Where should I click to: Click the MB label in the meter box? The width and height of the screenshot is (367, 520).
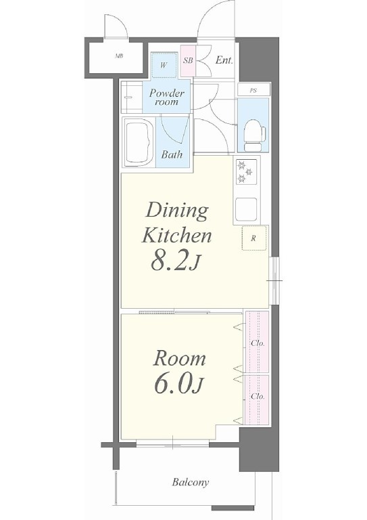pos(119,56)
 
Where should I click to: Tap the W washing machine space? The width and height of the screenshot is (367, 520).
pos(164,65)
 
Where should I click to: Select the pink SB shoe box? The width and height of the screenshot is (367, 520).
pos(189,61)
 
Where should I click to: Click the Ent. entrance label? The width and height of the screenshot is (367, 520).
pos(224,60)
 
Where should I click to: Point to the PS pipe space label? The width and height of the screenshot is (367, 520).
pos(253,90)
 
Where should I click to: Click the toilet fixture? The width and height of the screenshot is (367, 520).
pos(255,135)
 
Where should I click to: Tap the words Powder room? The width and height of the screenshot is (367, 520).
pos(166,97)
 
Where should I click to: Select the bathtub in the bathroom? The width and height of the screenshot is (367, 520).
pos(139,143)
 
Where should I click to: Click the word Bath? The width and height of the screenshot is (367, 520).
pos(172,154)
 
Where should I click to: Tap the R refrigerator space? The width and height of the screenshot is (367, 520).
pos(254,238)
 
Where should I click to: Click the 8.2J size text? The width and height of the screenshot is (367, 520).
pos(176,261)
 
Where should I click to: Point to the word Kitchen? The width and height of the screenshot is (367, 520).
pos(176,236)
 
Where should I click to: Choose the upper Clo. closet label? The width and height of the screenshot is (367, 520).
pos(258,343)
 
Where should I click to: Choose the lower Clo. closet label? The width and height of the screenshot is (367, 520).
pos(258,396)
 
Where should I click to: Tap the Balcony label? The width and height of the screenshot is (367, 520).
pos(191,482)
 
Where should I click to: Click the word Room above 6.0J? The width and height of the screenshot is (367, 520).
pos(179,359)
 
